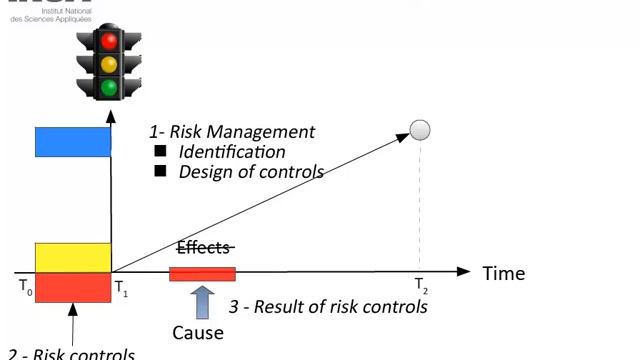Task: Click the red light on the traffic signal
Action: (108, 41)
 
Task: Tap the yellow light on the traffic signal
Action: (108, 65)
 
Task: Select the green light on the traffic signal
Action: (108, 88)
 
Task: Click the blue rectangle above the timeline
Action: (73, 142)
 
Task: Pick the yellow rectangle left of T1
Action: (73, 257)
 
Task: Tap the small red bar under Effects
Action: (202, 274)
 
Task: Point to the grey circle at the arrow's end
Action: (420, 129)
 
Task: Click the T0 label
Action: (25, 286)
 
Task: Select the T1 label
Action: (121, 288)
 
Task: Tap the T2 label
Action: (422, 288)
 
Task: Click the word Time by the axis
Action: (503, 273)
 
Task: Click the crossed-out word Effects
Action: (204, 248)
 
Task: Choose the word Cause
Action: (198, 332)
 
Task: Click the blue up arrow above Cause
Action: (202, 301)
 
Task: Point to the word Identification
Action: (232, 152)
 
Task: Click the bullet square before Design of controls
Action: (159, 171)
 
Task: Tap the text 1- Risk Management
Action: (232, 132)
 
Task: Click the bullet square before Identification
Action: (159, 151)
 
